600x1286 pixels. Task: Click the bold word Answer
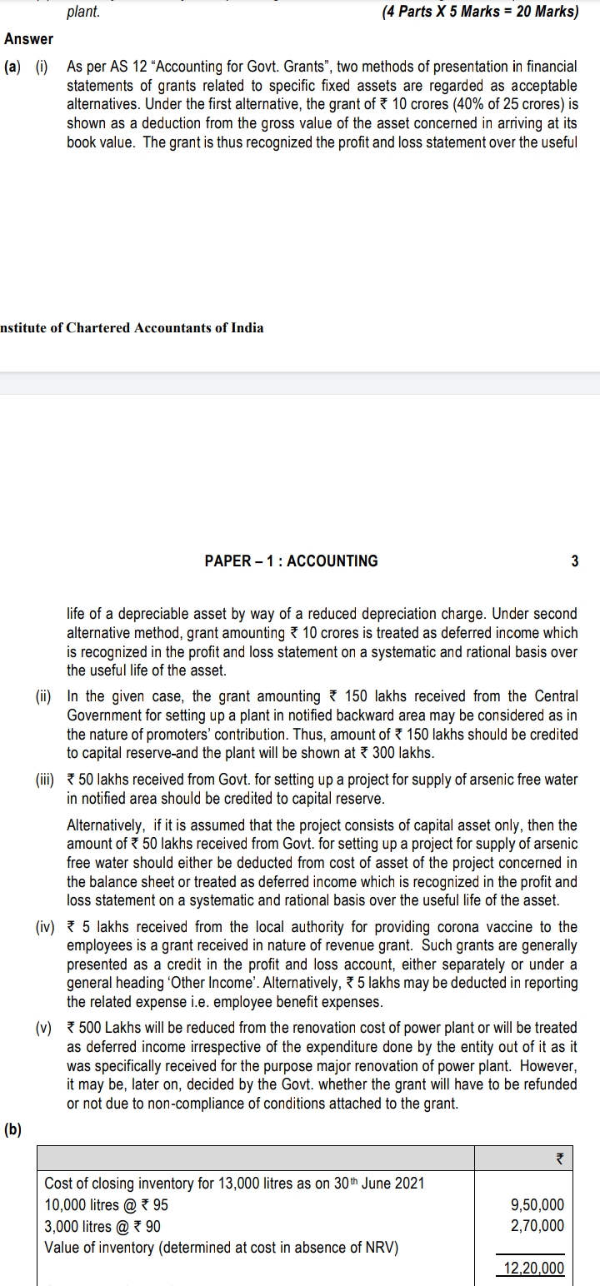tap(28, 39)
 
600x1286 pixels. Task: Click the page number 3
tap(574, 561)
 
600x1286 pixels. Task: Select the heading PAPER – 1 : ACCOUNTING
tap(291, 561)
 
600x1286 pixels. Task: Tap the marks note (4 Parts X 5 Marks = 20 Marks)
tap(480, 12)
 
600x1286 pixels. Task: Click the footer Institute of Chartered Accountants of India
tap(132, 327)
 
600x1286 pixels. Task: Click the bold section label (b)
tap(13, 1129)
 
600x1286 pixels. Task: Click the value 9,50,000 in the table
tap(537, 1205)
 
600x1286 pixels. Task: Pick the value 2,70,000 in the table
tap(537, 1225)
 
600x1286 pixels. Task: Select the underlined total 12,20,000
tap(533, 1269)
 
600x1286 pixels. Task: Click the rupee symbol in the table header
tap(559, 1158)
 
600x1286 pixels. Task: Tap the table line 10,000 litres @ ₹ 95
tap(106, 1205)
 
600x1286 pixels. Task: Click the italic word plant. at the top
tap(83, 12)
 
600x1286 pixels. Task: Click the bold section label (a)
tap(13, 65)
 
